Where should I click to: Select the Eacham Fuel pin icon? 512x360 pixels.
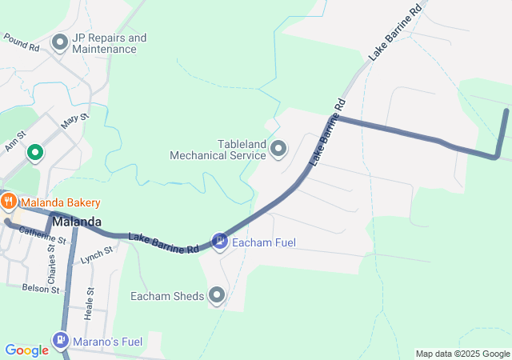coord(219,240)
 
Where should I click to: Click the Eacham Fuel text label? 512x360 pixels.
coord(260,240)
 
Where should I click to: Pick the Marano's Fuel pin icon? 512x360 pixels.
coord(61,342)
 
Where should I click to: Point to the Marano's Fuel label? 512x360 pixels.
coord(108,342)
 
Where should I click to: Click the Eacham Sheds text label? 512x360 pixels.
coord(167,296)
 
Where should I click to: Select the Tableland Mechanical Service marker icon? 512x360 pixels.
coord(279,148)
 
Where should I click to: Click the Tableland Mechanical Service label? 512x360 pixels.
coord(218,150)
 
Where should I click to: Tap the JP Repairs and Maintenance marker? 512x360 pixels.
coord(59,42)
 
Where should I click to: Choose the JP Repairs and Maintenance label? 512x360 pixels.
coord(109,43)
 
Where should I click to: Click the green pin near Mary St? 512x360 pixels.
coord(35,151)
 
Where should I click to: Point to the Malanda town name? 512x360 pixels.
coord(77,222)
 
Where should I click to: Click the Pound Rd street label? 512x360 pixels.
coord(22,42)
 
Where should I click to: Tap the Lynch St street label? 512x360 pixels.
coord(97,255)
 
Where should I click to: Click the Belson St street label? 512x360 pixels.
coord(41,288)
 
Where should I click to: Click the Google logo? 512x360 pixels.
coord(26,350)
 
